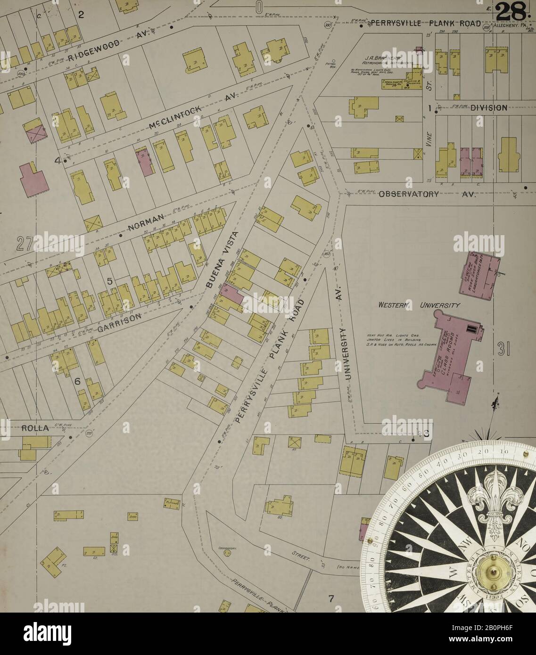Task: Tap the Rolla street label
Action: (34, 428)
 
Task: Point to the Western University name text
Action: (419, 306)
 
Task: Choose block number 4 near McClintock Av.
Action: (58, 161)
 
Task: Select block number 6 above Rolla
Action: (77, 381)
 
